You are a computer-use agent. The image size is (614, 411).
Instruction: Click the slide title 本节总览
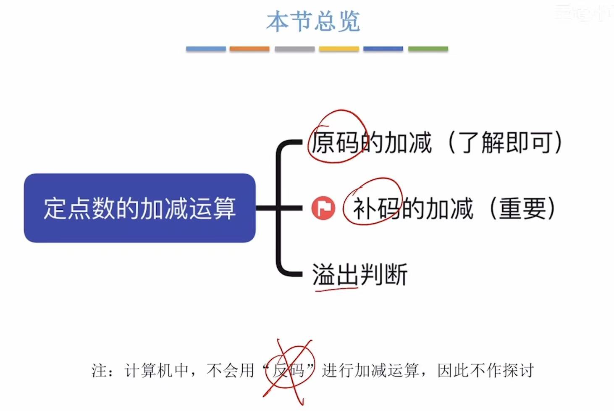[313, 21]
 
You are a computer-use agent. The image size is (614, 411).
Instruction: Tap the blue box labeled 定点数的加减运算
[139, 208]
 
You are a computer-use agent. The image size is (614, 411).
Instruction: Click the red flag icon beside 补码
[323, 208]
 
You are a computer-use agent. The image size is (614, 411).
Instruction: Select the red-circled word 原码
[335, 142]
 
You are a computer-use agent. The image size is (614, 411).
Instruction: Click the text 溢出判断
[359, 274]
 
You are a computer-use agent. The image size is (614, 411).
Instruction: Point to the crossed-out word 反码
[289, 370]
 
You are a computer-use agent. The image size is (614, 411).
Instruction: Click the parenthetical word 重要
[523, 208]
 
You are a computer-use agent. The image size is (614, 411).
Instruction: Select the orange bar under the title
[249, 49]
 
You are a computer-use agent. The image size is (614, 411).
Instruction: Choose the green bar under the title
[428, 49]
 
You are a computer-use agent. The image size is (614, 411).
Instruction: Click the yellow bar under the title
[339, 49]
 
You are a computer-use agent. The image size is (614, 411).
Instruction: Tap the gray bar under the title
[294, 49]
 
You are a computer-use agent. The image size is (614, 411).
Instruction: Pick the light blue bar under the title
[206, 49]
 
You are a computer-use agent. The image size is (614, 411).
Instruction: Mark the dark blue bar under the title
[383, 49]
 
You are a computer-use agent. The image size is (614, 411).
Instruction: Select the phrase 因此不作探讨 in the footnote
[485, 370]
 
